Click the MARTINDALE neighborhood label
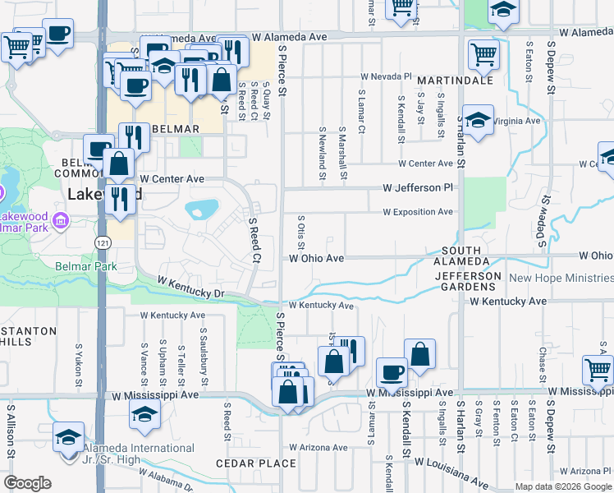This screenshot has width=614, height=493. pyautogui.click(x=455, y=81)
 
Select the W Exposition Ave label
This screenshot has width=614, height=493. pyautogui.click(x=418, y=212)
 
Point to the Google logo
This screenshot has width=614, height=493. pyautogui.click(x=27, y=483)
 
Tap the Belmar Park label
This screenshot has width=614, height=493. pyautogui.click(x=86, y=266)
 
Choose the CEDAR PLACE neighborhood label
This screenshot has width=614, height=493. pyautogui.click(x=255, y=463)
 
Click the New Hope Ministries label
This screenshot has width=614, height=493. pyautogui.click(x=561, y=278)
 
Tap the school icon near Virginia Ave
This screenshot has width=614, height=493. pyautogui.click(x=477, y=119)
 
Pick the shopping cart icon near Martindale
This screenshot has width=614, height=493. pyautogui.click(x=483, y=54)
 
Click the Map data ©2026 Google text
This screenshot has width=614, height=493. pyautogui.click(x=563, y=486)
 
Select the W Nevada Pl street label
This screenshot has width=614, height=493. pyautogui.click(x=385, y=76)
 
